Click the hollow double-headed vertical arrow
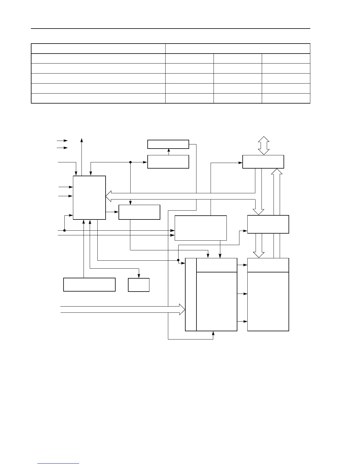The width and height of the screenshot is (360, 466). click(264, 146)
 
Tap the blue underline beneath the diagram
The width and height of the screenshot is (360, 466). click(58, 464)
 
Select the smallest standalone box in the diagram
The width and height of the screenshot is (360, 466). click(139, 285)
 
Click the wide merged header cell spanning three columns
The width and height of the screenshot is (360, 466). click(238, 49)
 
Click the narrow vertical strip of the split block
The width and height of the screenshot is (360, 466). click(191, 294)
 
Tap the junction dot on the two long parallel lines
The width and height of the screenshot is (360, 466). click(64, 231)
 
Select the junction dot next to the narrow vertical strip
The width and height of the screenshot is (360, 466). click(178, 260)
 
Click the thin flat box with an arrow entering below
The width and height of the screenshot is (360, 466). click(168, 144)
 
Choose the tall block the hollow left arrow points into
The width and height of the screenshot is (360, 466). click(89, 198)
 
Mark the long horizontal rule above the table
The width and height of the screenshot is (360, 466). click(171, 29)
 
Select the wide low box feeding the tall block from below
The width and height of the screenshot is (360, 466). click(89, 284)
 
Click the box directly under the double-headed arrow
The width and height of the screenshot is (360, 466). click(263, 162)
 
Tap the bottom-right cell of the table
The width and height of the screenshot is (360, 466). click(286, 98)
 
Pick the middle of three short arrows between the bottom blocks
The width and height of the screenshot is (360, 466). click(242, 294)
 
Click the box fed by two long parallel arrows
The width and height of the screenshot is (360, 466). click(201, 228)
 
